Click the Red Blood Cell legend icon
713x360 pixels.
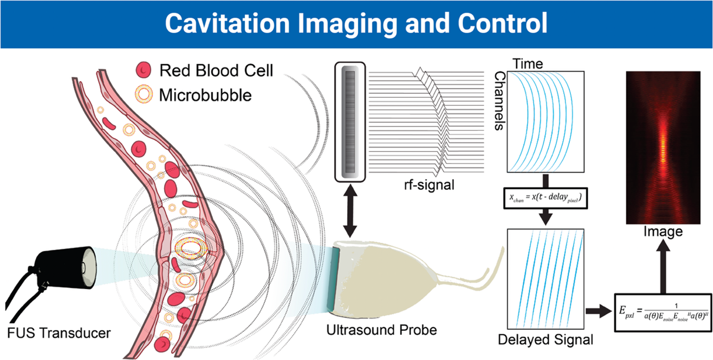point(144,69)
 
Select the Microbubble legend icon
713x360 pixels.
point(144,94)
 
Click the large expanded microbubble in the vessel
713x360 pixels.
point(190,248)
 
